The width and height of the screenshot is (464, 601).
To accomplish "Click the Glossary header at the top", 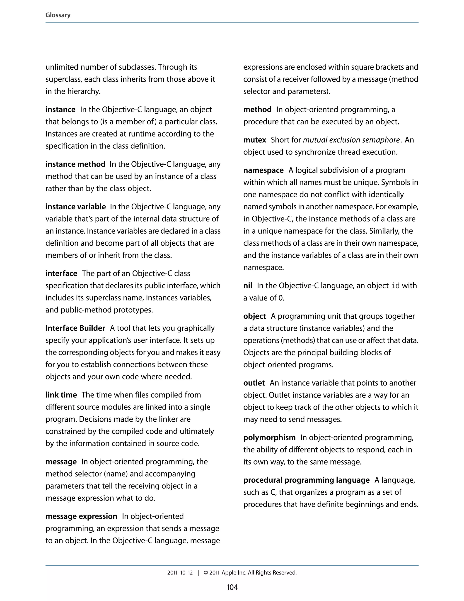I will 58,15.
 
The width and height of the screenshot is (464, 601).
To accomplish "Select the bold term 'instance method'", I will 75,164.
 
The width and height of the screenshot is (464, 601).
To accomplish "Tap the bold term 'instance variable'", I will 76,207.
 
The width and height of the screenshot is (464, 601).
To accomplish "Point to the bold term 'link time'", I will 61,395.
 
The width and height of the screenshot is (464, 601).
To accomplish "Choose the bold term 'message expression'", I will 81,516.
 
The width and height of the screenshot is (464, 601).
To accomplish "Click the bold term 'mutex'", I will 254,140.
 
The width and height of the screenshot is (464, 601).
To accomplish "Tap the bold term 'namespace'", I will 263,170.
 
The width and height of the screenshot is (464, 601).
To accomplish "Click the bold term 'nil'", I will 248,286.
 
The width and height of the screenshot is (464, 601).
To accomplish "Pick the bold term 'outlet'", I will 254,383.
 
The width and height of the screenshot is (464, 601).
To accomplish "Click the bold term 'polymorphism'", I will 269,437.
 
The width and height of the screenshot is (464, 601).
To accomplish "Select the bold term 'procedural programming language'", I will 306,480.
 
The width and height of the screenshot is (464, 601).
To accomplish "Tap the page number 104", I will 232,587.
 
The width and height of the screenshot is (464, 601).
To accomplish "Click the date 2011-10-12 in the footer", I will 180,573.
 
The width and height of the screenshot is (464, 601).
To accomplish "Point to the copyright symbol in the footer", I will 206,573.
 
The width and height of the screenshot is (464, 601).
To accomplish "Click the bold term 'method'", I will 257,110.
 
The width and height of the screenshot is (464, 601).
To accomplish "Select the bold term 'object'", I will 254,316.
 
